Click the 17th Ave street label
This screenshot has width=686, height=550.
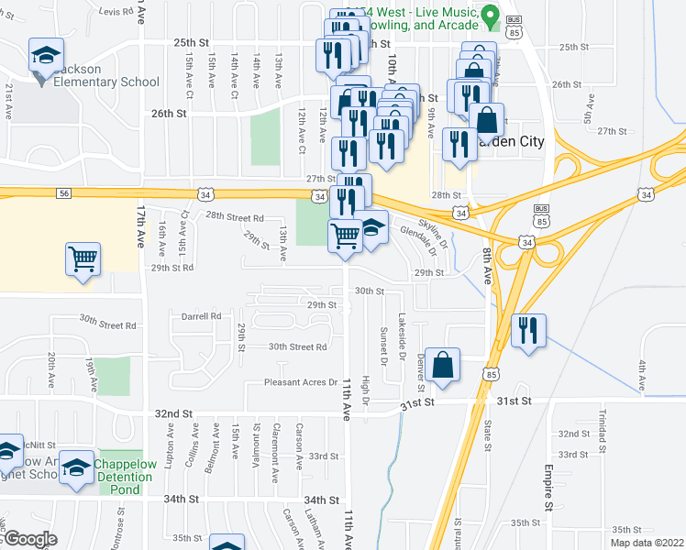point(142,241)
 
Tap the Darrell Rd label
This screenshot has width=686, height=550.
point(202,316)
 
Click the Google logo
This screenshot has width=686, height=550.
point(29,540)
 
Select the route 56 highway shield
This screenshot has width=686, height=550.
point(63,193)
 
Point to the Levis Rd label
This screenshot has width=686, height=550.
point(116,12)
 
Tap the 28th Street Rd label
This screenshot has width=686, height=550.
point(235,217)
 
